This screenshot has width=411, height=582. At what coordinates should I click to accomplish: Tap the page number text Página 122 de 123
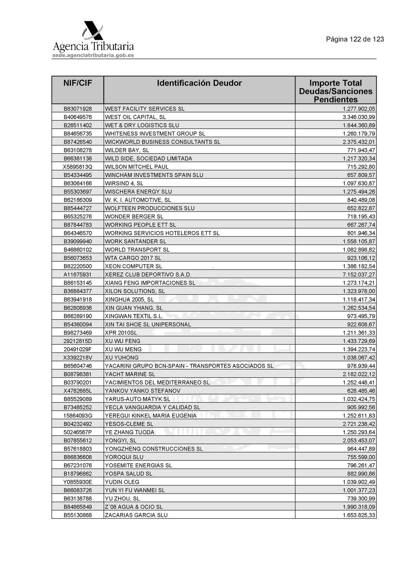tap(355, 39)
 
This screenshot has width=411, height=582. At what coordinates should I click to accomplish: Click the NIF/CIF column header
tap(78, 83)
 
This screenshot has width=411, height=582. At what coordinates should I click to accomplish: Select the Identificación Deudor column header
tap(199, 83)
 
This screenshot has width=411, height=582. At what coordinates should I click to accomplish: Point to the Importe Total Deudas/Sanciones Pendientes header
tap(335, 91)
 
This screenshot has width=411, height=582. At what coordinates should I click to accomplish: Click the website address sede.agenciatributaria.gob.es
tap(93, 55)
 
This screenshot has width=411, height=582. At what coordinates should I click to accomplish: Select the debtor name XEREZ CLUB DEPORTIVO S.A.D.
tap(148, 275)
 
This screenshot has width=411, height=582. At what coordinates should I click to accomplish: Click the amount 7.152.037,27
tap(359, 275)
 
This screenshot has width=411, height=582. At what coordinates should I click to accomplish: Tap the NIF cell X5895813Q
tap(78, 167)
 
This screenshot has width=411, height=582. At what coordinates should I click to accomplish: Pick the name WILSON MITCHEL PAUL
tap(137, 167)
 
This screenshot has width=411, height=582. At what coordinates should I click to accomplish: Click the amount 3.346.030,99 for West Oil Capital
tap(359, 117)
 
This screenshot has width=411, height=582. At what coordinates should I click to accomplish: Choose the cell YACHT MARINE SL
tap(130, 374)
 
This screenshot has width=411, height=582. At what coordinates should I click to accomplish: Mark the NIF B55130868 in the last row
tap(78, 515)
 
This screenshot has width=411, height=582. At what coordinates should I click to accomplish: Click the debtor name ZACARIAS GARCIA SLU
tap(136, 515)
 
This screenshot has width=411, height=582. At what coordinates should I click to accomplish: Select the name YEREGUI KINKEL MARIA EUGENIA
tap(150, 416)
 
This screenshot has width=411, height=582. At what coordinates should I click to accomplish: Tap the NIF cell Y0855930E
tap(78, 482)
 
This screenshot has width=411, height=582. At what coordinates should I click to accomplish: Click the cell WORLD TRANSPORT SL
tap(137, 250)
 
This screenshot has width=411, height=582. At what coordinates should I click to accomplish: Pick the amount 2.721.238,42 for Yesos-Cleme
tap(359, 424)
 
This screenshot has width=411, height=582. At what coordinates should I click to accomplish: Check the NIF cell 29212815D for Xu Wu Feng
tap(78, 341)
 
